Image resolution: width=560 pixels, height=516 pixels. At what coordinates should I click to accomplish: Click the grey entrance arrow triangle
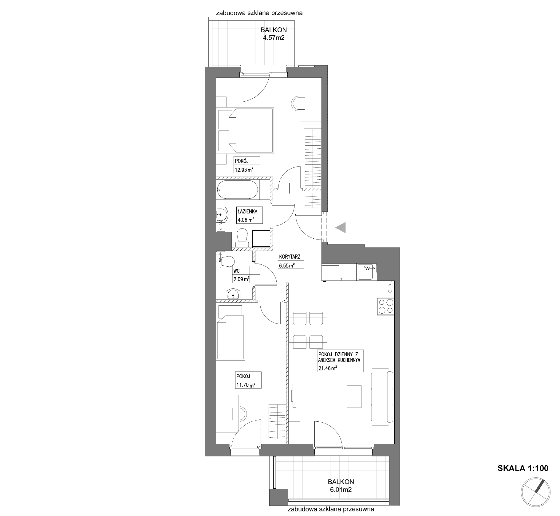click(x=341, y=228)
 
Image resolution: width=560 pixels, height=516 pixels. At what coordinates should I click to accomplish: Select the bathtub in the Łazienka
click(x=238, y=190)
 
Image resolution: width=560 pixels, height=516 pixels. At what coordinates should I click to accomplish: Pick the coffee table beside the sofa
click(x=354, y=396)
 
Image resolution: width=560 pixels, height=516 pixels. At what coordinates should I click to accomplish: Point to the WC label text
click(x=237, y=271)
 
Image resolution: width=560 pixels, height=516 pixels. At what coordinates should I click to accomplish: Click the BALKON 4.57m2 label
click(x=274, y=34)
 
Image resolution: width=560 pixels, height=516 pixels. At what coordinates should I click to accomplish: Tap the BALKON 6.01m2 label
click(x=341, y=486)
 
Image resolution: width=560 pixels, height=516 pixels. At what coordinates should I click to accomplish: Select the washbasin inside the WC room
click(x=233, y=294)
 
